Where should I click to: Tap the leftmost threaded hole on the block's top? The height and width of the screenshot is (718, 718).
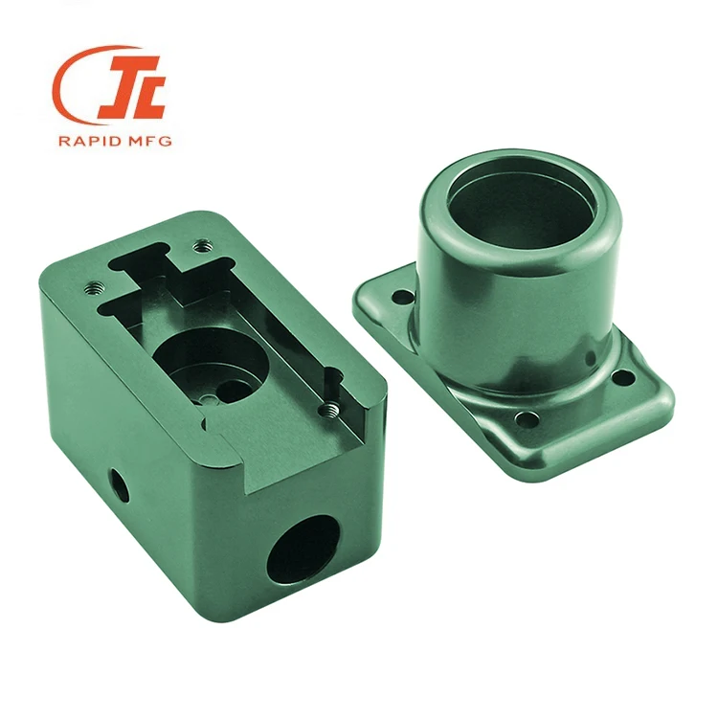coord(94,284)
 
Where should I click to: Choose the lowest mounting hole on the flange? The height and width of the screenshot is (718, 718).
coord(525,418)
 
